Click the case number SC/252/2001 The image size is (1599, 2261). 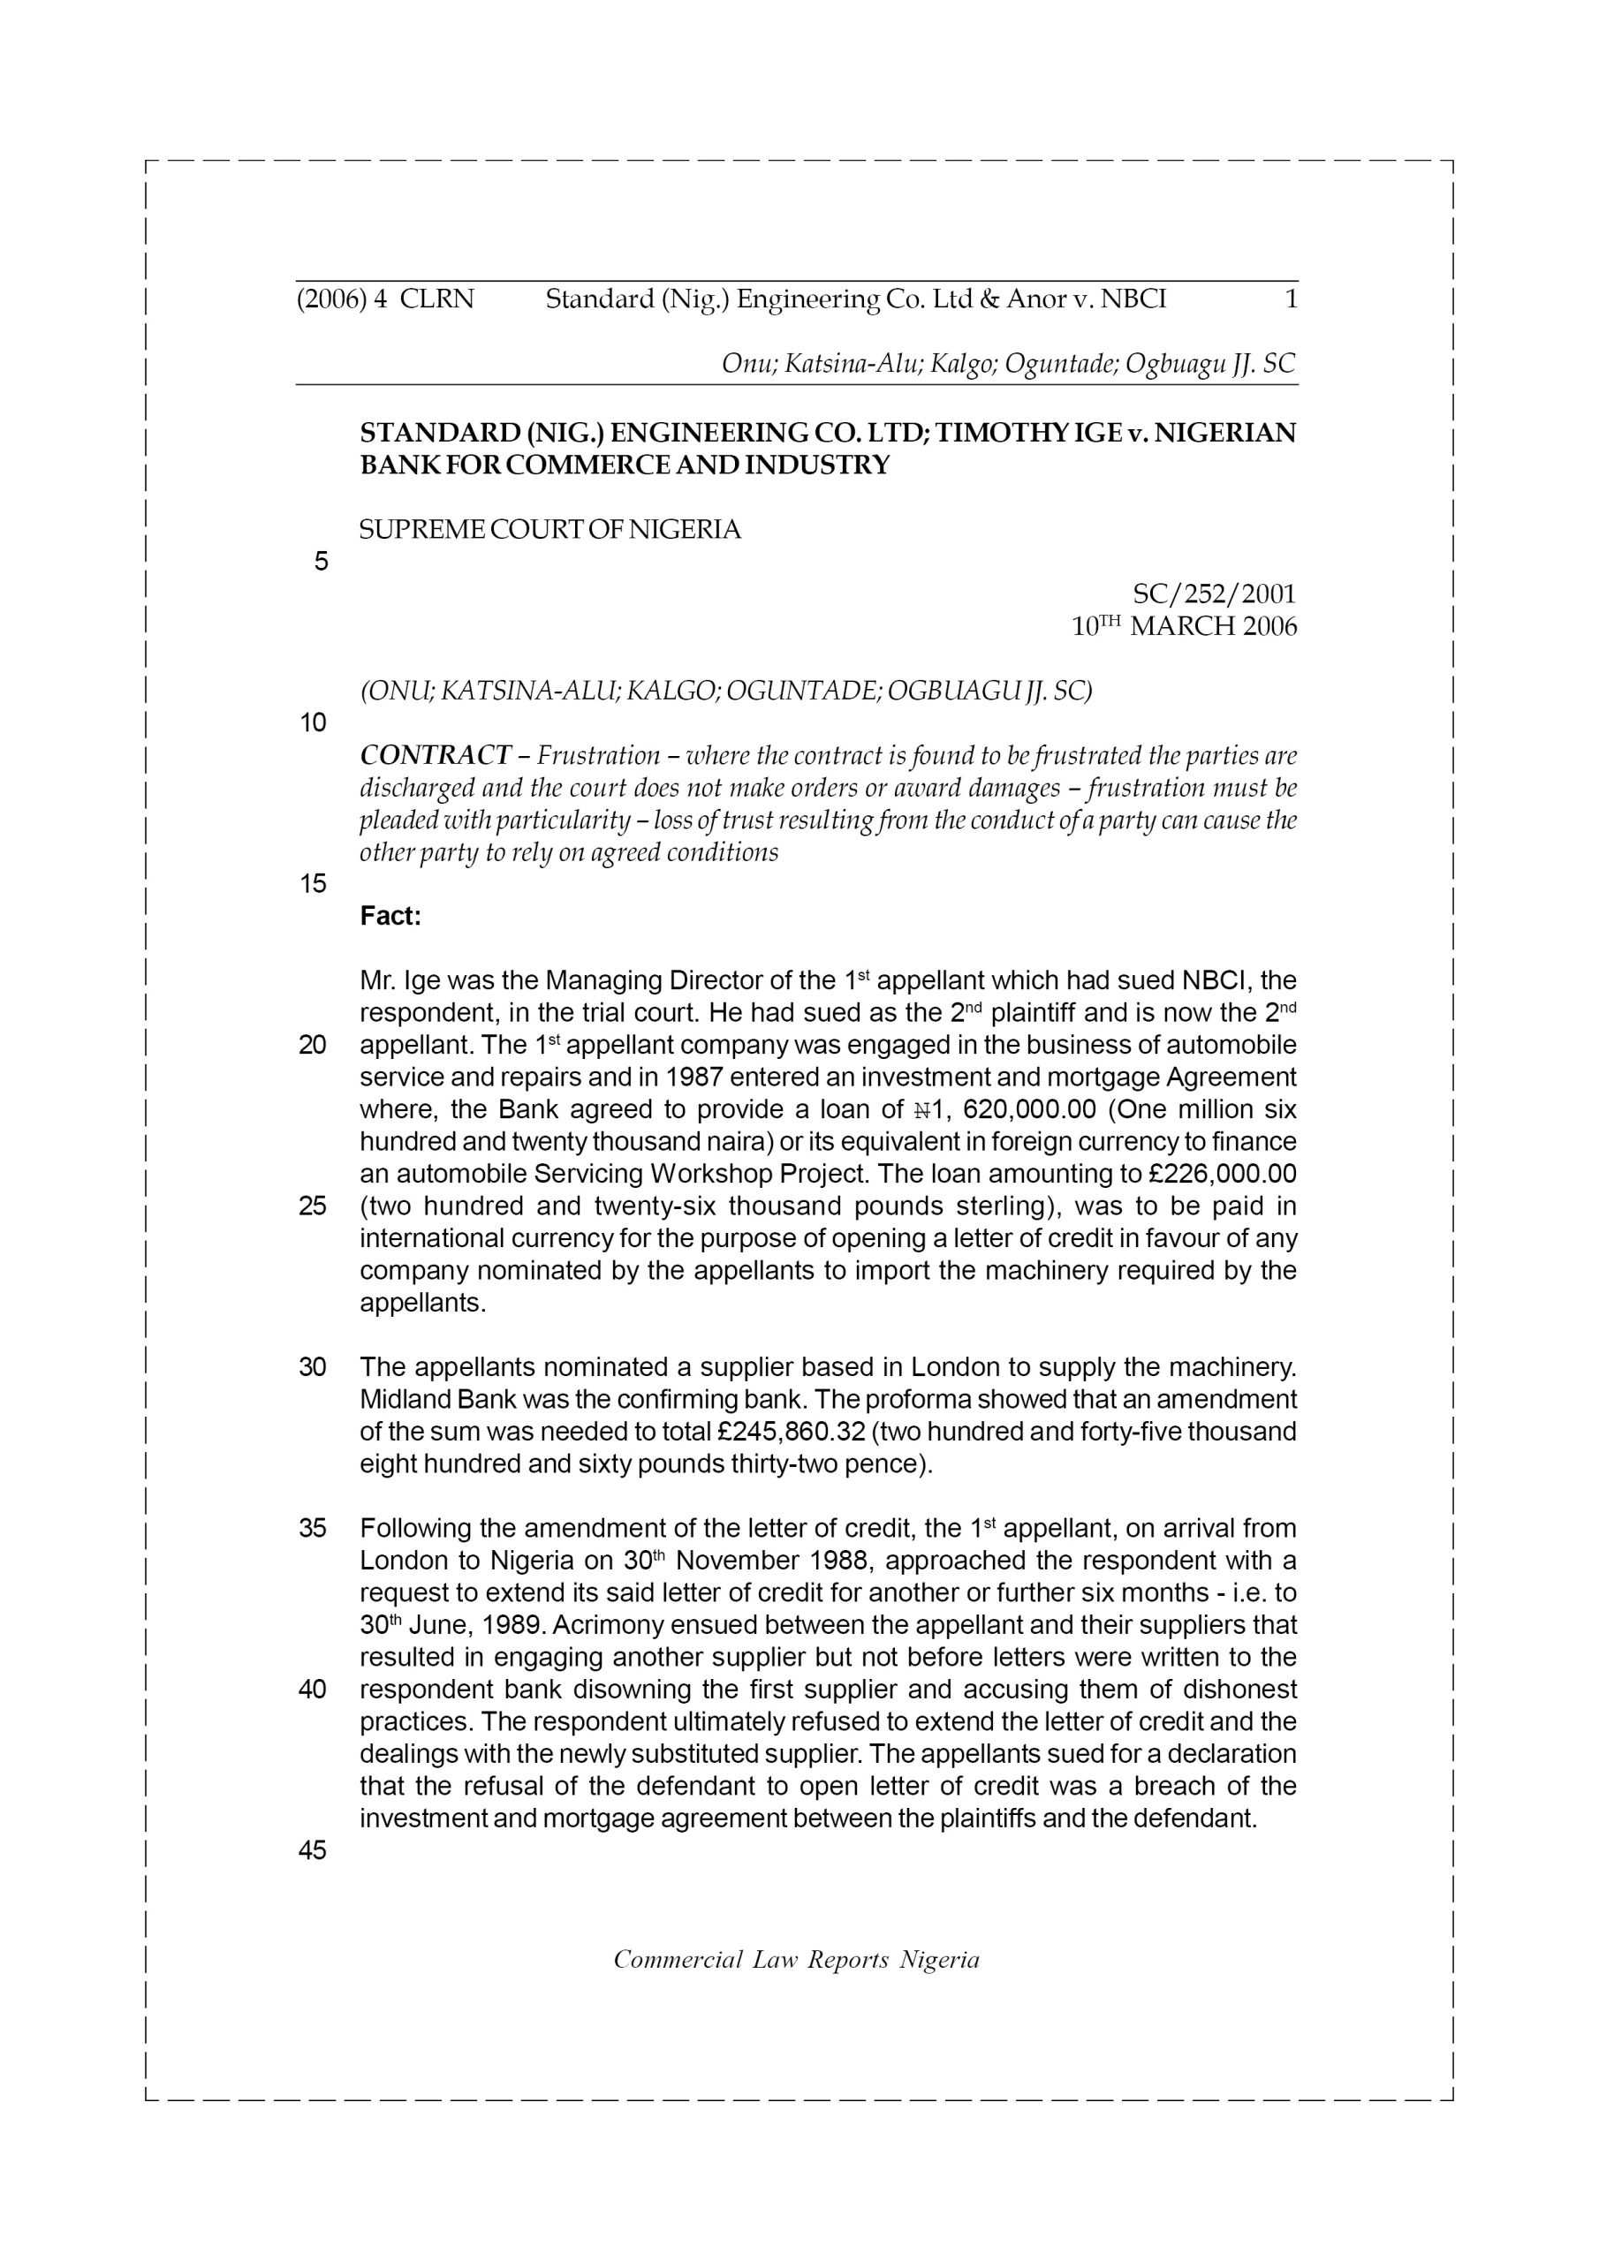tap(1214, 594)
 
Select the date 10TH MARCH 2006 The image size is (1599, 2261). tap(1183, 626)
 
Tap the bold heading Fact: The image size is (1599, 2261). tap(390, 917)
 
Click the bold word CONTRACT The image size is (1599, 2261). tap(435, 755)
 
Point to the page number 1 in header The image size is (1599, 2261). tap(1291, 299)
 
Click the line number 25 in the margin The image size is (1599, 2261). tap(313, 1206)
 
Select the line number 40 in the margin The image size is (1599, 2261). tap(313, 1690)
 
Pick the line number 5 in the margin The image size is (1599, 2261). tap(322, 563)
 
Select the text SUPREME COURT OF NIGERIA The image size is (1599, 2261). tap(549, 530)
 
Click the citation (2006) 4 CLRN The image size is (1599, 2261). tap(385, 299)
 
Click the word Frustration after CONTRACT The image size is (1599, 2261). tap(598, 755)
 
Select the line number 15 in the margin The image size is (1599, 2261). tap(313, 884)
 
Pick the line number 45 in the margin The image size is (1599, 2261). tap(313, 1850)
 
